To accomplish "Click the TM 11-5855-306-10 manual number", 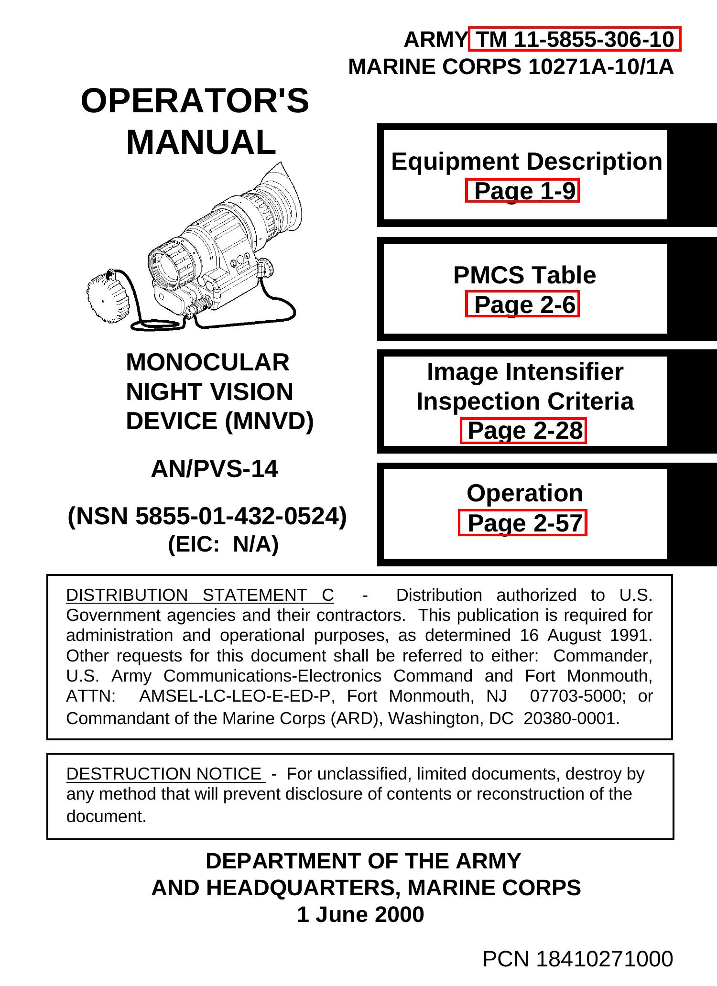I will tap(575, 39).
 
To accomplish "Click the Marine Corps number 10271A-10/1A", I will tap(600, 67).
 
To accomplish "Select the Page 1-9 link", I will tap(522, 191).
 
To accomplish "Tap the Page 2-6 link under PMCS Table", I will tap(522, 304).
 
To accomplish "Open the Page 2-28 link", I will tap(523, 431).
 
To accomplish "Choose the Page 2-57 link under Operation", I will tap(522, 523).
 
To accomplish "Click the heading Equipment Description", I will tap(526, 162).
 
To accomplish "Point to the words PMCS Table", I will tap(524, 275).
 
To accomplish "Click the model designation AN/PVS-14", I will tap(214, 469).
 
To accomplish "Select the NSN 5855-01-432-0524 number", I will tap(207, 516).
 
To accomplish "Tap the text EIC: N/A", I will tap(223, 544).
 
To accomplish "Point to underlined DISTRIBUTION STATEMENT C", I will tap(200, 596).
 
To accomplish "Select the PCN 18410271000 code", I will tap(577, 959).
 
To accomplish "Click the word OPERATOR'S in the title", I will tap(195, 101).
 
